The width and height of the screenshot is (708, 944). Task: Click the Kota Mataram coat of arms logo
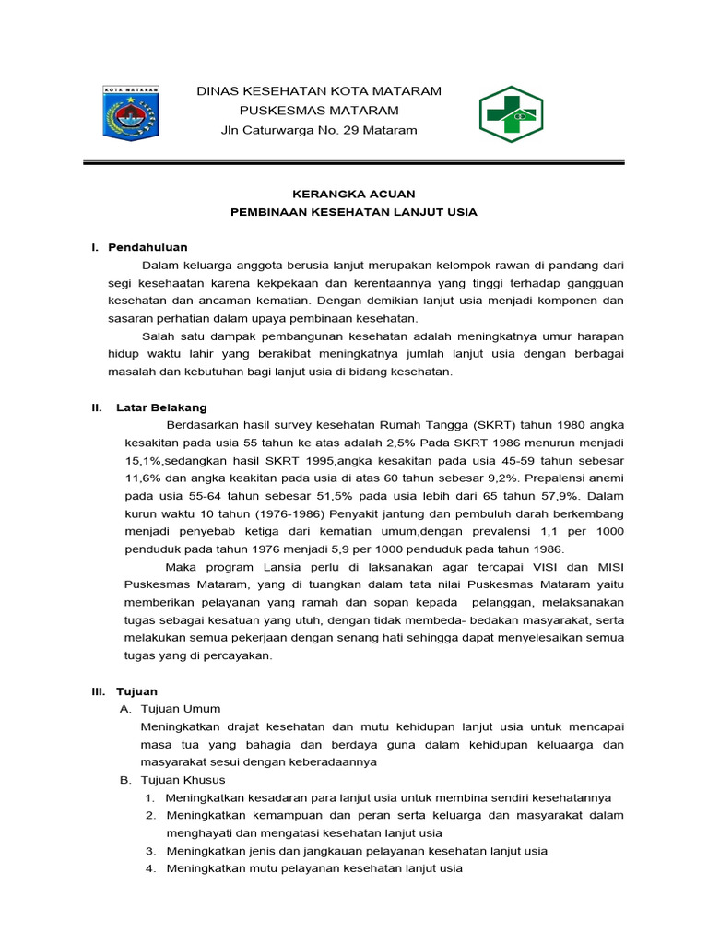pyautogui.click(x=130, y=114)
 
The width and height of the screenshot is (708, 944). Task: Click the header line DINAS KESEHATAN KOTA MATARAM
pyautogui.click(x=320, y=90)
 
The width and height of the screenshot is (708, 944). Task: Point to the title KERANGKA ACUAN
pyautogui.click(x=353, y=194)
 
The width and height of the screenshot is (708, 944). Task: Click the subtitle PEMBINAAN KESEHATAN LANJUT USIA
pyautogui.click(x=353, y=212)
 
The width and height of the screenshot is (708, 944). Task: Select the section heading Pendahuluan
pyautogui.click(x=147, y=247)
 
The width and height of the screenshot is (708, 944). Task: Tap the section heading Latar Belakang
pyautogui.click(x=161, y=407)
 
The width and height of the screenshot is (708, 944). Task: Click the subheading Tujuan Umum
pyautogui.click(x=181, y=709)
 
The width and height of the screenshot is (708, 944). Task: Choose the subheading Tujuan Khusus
pyautogui.click(x=183, y=780)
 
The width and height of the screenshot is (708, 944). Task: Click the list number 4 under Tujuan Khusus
pyautogui.click(x=149, y=868)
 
